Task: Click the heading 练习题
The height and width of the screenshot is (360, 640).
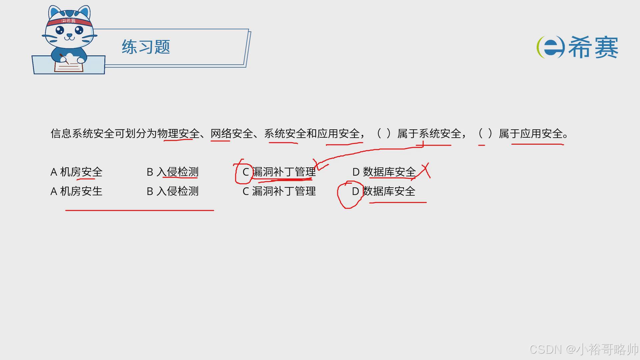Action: pos(146,47)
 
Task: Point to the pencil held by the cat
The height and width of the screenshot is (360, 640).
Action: pos(64,58)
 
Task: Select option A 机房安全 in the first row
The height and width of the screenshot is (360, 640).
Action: pos(76,172)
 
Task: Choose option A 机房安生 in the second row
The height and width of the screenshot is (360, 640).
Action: pos(76,191)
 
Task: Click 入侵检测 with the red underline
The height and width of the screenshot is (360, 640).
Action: pos(177,172)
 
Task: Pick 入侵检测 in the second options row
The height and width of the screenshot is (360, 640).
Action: pos(177,191)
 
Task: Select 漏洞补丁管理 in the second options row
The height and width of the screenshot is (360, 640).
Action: pos(284,191)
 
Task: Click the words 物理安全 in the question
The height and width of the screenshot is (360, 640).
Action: pos(178,134)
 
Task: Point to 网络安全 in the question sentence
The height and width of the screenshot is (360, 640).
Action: pos(232,134)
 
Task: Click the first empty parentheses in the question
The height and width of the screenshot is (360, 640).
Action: pos(384,134)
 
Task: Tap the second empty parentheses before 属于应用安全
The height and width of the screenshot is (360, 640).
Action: pos(485,134)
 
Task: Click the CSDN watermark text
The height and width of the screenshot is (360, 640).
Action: pos(583,349)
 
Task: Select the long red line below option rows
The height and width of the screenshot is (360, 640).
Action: pos(140,210)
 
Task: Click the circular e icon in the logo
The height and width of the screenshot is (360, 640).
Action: pos(550,47)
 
